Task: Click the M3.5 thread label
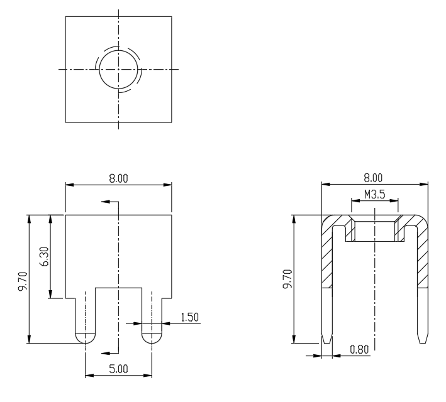pyautogui.click(x=375, y=195)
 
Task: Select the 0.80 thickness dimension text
pyautogui.click(x=359, y=349)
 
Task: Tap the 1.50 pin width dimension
pyautogui.click(x=190, y=317)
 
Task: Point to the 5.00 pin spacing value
pyautogui.click(x=119, y=369)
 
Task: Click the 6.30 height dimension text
pyautogui.click(x=45, y=256)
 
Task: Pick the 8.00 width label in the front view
pyautogui.click(x=119, y=178)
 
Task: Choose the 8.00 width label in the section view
pyautogui.click(x=373, y=178)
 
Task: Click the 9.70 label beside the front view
pyautogui.click(x=23, y=281)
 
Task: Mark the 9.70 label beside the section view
pyautogui.click(x=288, y=279)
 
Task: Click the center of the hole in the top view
pyautogui.click(x=119, y=69)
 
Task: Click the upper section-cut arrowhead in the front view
pyautogui.click(x=106, y=202)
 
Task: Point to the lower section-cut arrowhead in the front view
pyautogui.click(x=106, y=353)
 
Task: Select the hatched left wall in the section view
pyautogui.click(x=327, y=256)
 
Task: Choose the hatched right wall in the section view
pyautogui.click(x=423, y=256)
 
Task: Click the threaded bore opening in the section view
pyautogui.click(x=375, y=232)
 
